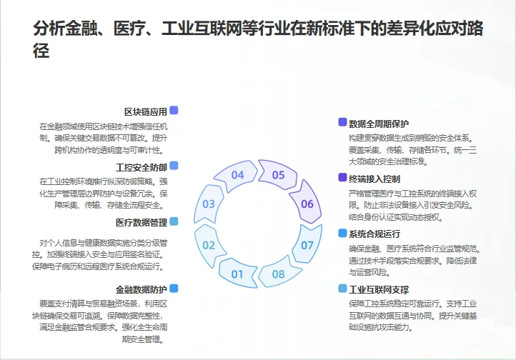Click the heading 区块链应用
[x=145, y=111]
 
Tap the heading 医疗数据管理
[x=141, y=222]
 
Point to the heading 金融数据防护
[x=141, y=289]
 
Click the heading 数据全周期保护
[x=379, y=123]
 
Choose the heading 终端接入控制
[x=374, y=178]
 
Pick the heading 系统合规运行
[x=374, y=234]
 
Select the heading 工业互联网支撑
[x=379, y=289]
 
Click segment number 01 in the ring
[x=237, y=274]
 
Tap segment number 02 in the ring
[x=209, y=245]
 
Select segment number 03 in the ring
[x=209, y=204]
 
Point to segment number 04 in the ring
[x=237, y=175]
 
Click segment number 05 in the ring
[x=278, y=175]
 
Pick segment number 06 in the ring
[x=307, y=204]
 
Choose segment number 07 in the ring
[x=307, y=245]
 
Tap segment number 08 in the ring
[x=278, y=274]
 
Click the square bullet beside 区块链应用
[x=174, y=111]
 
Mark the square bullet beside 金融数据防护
[x=174, y=289]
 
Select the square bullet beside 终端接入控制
[x=342, y=178]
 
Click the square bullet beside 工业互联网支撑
[x=342, y=289]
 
